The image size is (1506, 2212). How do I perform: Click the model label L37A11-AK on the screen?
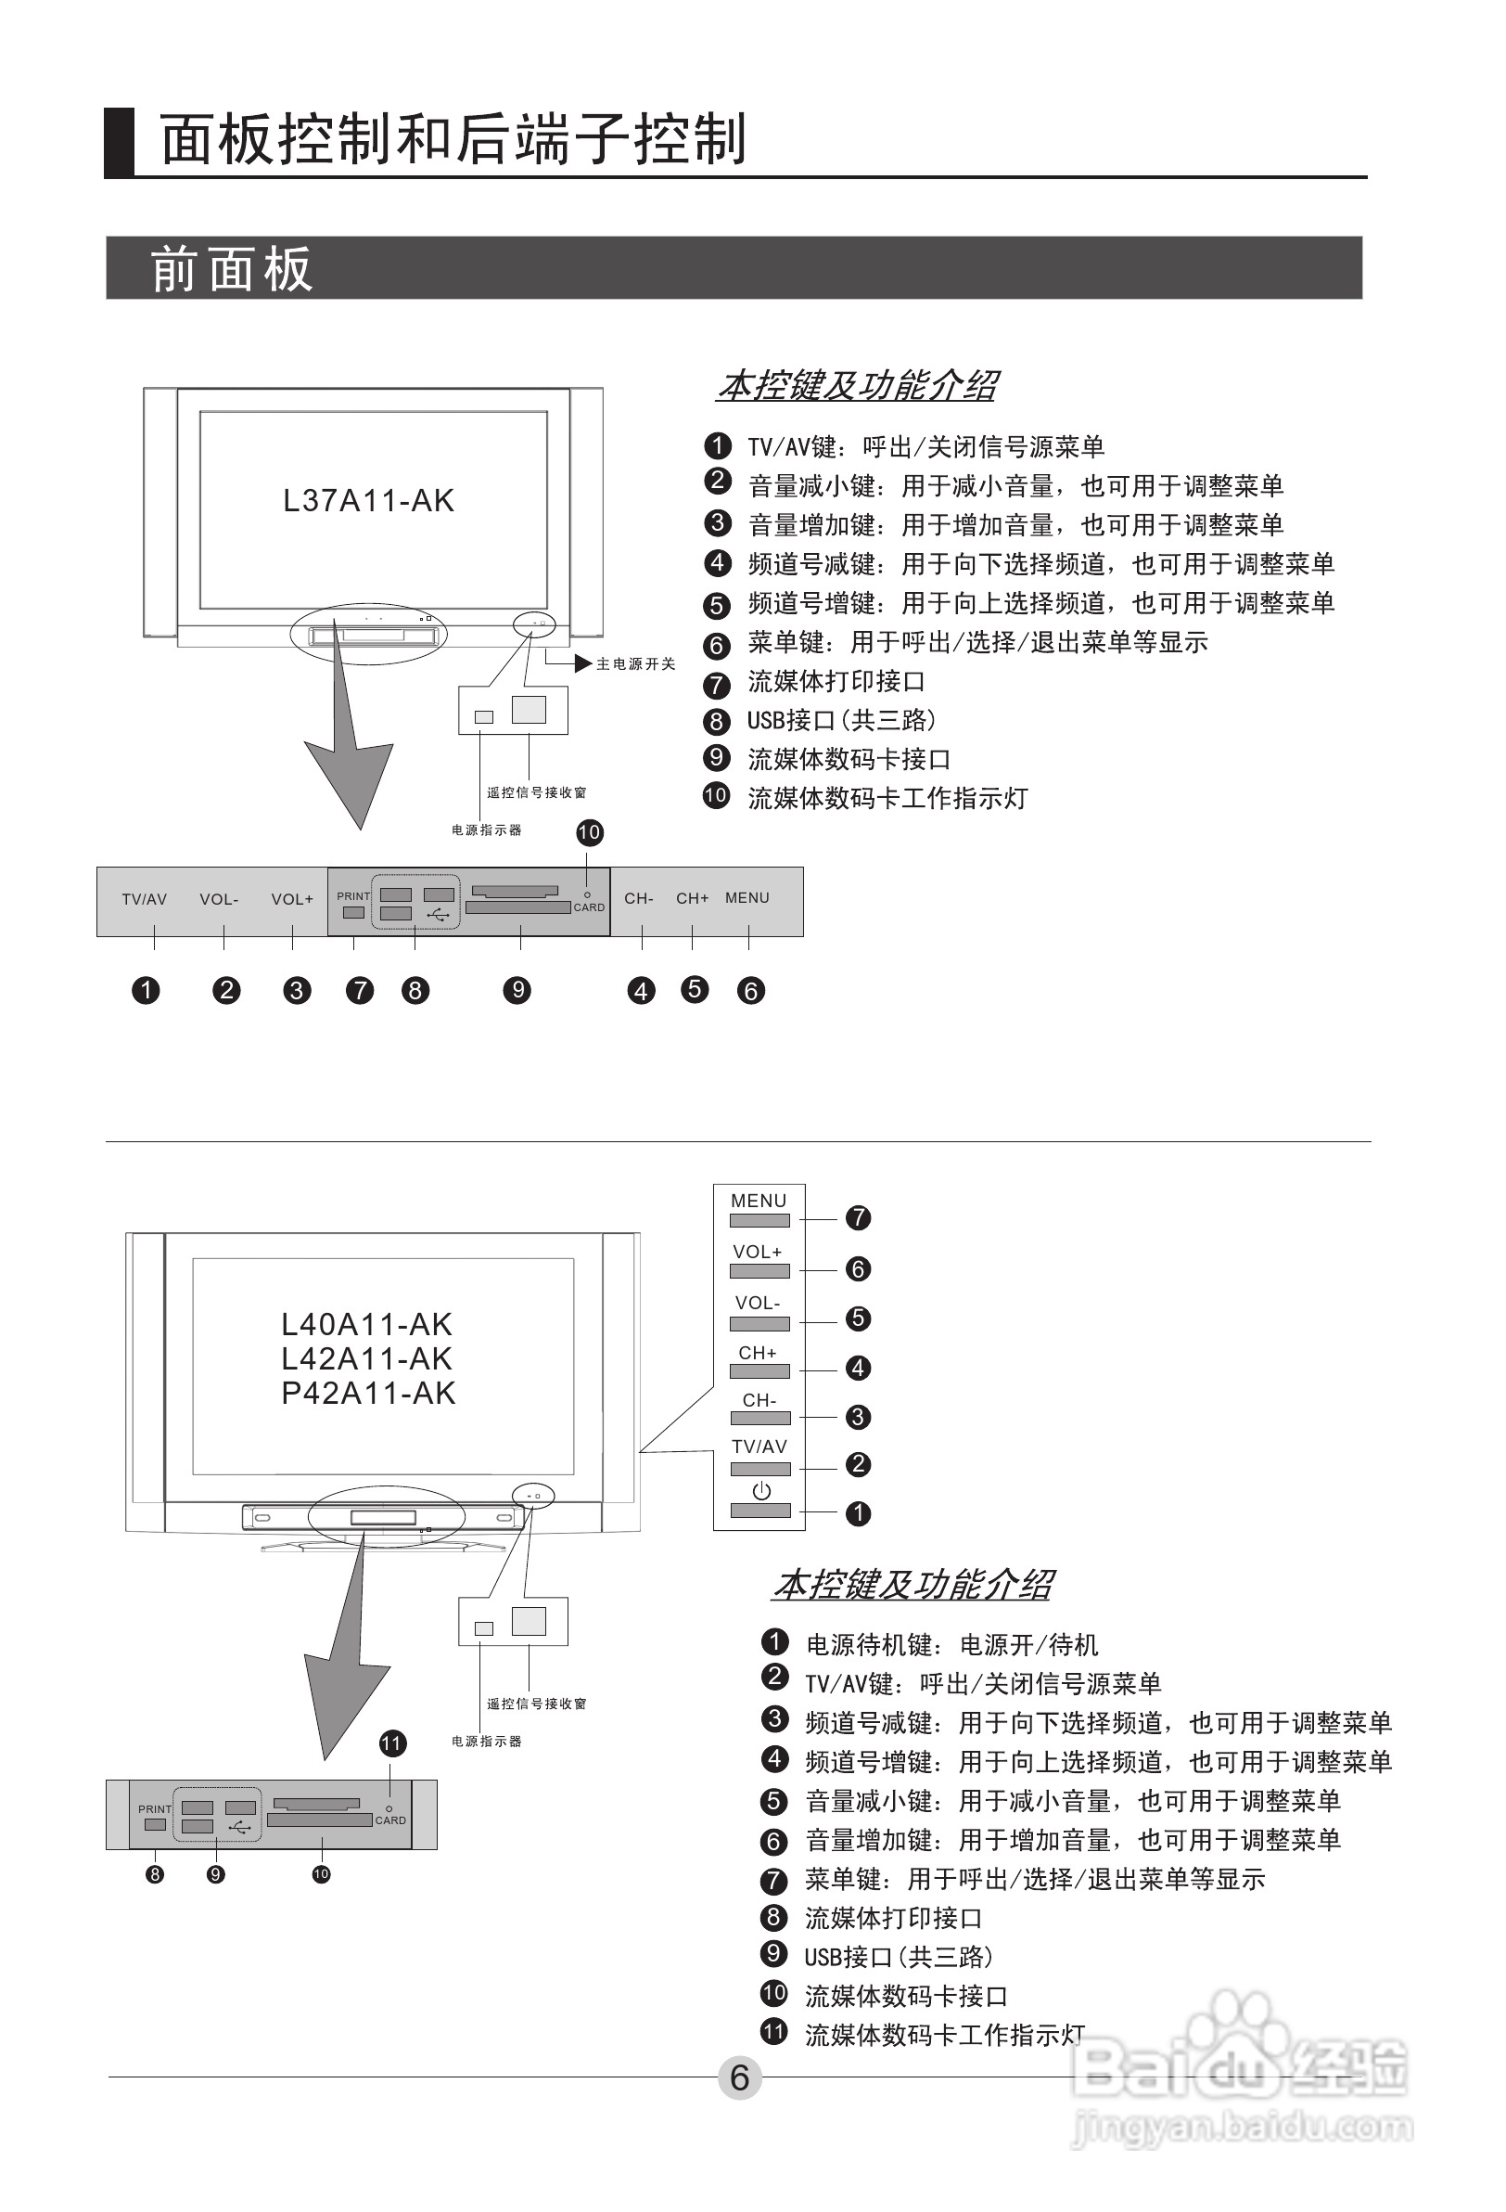pyautogui.click(x=368, y=501)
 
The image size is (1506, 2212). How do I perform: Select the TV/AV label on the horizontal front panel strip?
pyautogui.click(x=144, y=899)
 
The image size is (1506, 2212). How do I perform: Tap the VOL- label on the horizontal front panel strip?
pyautogui.click(x=219, y=899)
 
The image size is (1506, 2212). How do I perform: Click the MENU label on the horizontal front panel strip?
pyautogui.click(x=747, y=897)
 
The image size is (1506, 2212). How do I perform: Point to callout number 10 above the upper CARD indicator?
pyautogui.click(x=589, y=833)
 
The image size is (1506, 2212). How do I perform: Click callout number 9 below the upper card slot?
pyautogui.click(x=517, y=990)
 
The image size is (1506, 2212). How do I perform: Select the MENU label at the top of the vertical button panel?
pyautogui.click(x=759, y=1202)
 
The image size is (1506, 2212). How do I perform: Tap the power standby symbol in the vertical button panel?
pyautogui.click(x=761, y=1491)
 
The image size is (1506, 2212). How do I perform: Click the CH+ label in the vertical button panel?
pyautogui.click(x=758, y=1353)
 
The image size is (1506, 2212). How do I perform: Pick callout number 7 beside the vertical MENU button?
pyautogui.click(x=858, y=1217)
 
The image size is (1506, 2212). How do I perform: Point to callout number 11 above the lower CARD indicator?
pyautogui.click(x=392, y=1743)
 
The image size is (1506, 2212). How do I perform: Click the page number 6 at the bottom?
pyautogui.click(x=739, y=2077)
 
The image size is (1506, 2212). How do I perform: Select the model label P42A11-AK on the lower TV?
pyautogui.click(x=368, y=1394)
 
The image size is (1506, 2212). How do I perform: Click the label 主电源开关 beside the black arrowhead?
pyautogui.click(x=635, y=664)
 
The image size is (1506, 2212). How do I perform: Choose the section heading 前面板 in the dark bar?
pyautogui.click(x=231, y=269)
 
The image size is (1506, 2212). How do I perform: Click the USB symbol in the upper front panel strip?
pyautogui.click(x=439, y=915)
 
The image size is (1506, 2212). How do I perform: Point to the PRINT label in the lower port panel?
pyautogui.click(x=155, y=1809)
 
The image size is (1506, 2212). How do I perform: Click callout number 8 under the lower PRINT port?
pyautogui.click(x=155, y=1875)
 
